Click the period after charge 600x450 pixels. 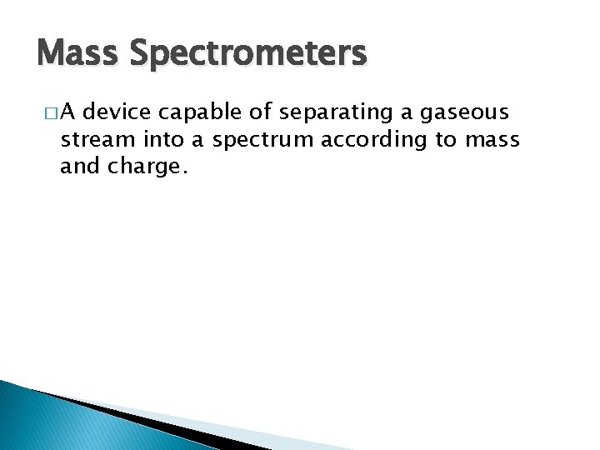point(178,172)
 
